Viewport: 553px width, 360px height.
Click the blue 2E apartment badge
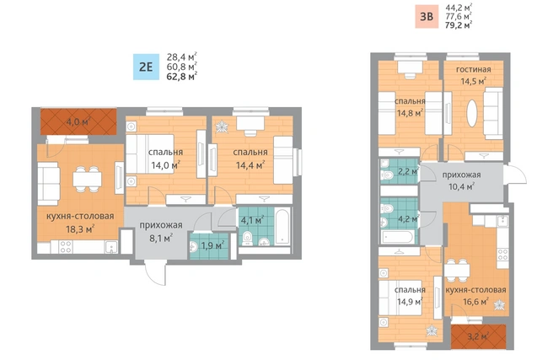click(x=146, y=67)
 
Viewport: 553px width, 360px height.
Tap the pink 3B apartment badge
click(x=427, y=16)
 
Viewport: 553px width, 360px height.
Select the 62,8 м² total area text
click(x=181, y=76)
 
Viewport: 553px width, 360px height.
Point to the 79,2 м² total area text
click(x=459, y=25)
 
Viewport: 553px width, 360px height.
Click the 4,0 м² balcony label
click(x=78, y=122)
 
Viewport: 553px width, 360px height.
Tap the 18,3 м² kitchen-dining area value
click(x=80, y=229)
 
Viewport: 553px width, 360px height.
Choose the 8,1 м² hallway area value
click(x=161, y=238)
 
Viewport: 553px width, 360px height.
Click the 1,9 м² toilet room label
click(x=212, y=245)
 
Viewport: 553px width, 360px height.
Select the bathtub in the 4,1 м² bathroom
click(x=283, y=227)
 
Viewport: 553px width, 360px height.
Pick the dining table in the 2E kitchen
click(x=87, y=180)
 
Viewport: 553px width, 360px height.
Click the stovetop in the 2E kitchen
click(x=66, y=246)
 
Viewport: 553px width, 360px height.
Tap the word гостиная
click(x=473, y=69)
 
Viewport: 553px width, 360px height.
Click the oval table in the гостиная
click(x=472, y=113)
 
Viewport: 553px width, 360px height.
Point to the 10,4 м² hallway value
click(x=461, y=186)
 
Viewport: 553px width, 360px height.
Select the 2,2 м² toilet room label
click(x=408, y=172)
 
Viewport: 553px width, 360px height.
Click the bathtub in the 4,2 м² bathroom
click(x=398, y=237)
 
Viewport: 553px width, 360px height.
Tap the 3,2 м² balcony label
click(x=478, y=336)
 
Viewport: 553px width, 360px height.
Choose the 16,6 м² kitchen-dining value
click(x=475, y=302)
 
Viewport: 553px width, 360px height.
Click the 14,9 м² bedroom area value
click(x=410, y=302)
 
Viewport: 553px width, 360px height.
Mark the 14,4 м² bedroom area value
click(x=250, y=165)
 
